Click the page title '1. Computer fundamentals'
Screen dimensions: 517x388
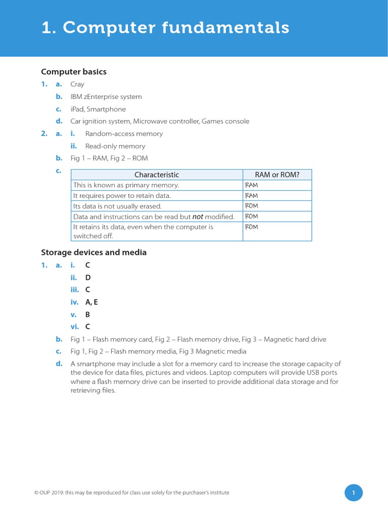tap(165, 28)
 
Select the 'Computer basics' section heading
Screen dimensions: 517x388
tap(73, 72)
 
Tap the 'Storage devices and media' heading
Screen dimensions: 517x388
tap(93, 252)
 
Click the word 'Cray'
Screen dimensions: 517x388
tap(77, 84)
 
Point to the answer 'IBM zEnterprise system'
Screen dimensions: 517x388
tap(106, 96)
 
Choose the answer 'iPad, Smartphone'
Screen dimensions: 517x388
tap(98, 109)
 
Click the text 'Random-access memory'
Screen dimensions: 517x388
tap(124, 134)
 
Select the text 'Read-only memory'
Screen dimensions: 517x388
tap(115, 146)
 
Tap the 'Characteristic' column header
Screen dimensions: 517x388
tap(157, 175)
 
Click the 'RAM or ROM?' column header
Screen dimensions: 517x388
tap(277, 175)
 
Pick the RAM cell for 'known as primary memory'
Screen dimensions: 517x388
tap(252, 185)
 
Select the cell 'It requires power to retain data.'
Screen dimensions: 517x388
tap(122, 195)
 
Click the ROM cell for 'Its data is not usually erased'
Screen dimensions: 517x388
tap(252, 206)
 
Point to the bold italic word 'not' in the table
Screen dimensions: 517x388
tap(198, 217)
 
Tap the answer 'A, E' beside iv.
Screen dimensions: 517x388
tap(91, 302)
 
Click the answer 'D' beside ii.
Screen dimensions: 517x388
tap(88, 277)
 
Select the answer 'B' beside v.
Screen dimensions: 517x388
tap(88, 314)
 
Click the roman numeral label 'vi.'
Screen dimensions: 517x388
tap(75, 327)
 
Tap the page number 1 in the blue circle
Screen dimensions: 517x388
tap(354, 493)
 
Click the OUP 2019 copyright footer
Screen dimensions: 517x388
tap(128, 493)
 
